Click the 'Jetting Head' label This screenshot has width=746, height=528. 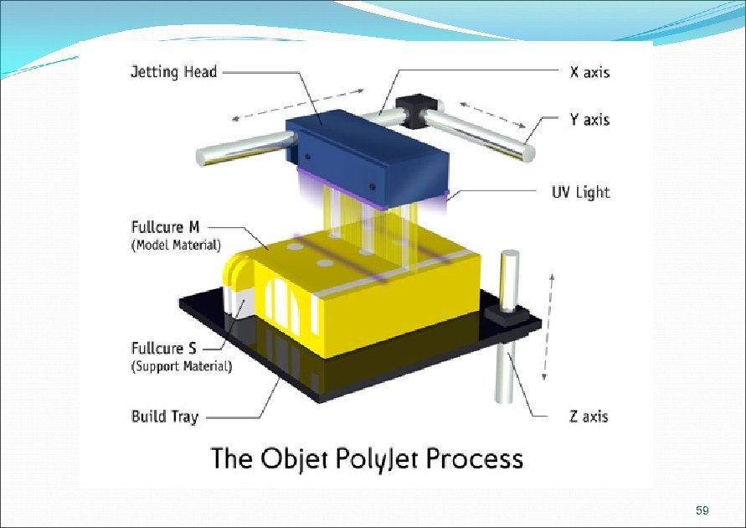click(x=173, y=72)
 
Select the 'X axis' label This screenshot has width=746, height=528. click(x=589, y=72)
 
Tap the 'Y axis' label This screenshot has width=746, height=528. click(x=589, y=120)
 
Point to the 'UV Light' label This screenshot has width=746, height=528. click(x=579, y=193)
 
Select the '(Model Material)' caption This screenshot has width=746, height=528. click(x=176, y=245)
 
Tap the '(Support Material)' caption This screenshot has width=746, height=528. click(x=181, y=366)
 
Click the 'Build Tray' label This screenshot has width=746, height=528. click(x=165, y=416)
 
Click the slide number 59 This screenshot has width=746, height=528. click(x=702, y=510)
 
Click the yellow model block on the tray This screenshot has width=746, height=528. click(x=368, y=293)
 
